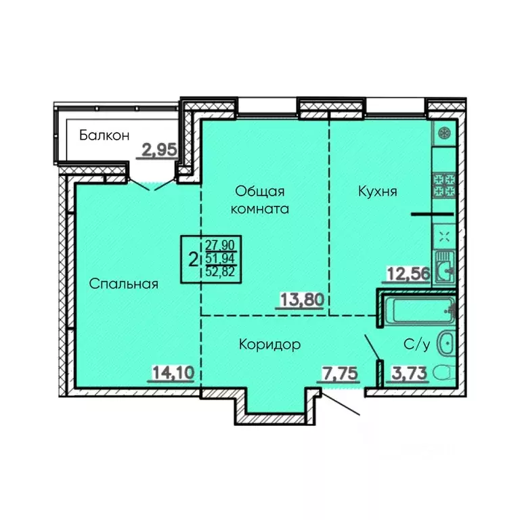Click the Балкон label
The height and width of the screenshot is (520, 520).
point(104,135)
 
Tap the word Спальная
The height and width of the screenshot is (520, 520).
point(124,284)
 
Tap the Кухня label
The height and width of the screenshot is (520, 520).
point(378,192)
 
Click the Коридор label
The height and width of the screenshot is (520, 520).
point(269,345)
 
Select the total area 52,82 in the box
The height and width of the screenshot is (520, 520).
point(221,273)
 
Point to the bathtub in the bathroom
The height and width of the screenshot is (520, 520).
point(418,311)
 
